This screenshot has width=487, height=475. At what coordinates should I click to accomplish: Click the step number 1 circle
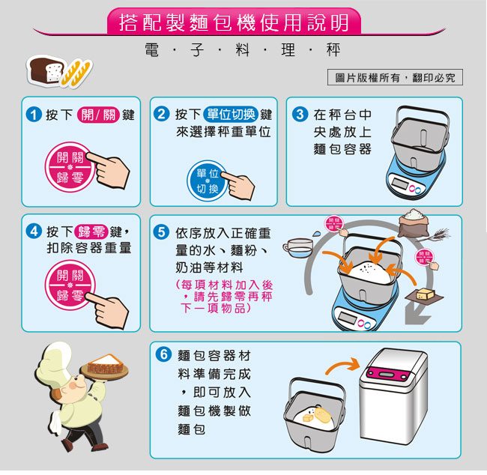[x=34, y=115]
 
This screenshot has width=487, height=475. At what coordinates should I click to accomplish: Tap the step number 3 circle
[x=300, y=114]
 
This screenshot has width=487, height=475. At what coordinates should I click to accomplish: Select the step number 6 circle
[x=163, y=354]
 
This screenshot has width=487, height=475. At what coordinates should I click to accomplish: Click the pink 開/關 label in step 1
[x=98, y=115]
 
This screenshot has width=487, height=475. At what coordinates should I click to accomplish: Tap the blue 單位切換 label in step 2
[x=231, y=115]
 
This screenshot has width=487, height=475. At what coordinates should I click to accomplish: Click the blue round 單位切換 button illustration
[x=207, y=181]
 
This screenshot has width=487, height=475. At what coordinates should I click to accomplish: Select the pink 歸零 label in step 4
[x=91, y=232]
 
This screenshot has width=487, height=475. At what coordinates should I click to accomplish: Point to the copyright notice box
[x=395, y=77]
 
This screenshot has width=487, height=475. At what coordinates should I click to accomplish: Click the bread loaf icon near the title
[x=46, y=70]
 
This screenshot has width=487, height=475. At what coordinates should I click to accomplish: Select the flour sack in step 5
[x=413, y=223]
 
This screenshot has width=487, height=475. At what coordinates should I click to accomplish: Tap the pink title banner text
[x=234, y=22]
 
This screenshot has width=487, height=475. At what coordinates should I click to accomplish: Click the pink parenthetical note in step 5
[x=224, y=297]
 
